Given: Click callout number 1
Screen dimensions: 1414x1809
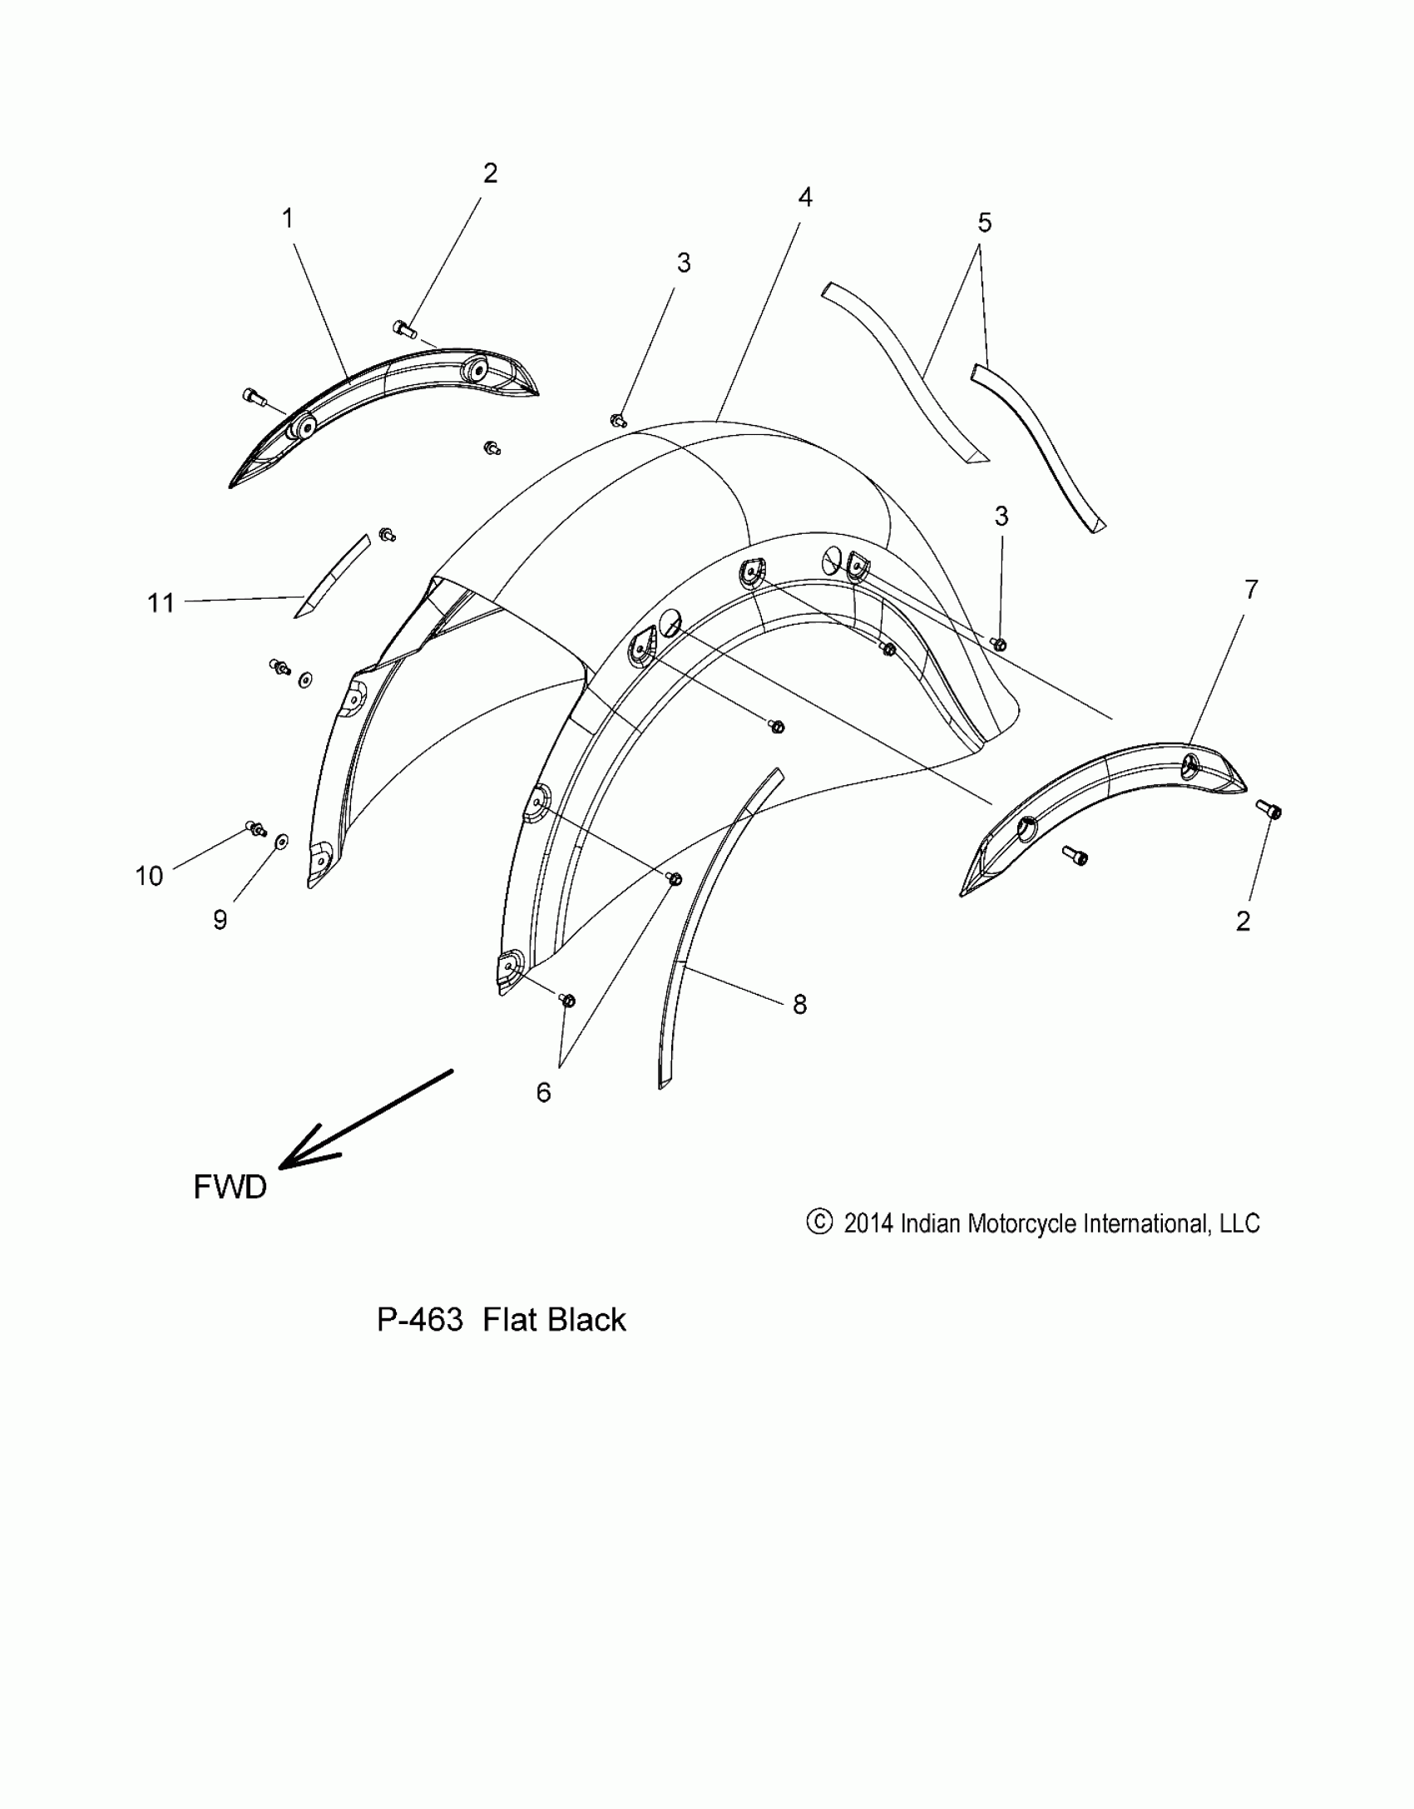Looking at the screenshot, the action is click(288, 220).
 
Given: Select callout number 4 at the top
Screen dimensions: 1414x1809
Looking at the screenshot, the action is click(804, 197).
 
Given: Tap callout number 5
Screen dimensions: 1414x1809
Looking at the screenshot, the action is click(984, 223).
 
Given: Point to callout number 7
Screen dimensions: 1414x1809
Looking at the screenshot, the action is click(1251, 590).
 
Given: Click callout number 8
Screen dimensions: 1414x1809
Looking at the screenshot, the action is click(799, 1005).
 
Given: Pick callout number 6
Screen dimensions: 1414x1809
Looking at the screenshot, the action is click(543, 1092).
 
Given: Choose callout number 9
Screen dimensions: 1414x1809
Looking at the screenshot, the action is click(220, 919).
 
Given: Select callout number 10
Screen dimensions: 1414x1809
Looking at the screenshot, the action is click(150, 875).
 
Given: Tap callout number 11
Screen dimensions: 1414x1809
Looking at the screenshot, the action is click(161, 602).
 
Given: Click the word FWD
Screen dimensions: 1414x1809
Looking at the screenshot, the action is click(230, 1187).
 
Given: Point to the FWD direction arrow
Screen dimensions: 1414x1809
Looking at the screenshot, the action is click(366, 1119).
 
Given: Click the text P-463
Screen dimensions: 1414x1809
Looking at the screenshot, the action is click(419, 1320).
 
